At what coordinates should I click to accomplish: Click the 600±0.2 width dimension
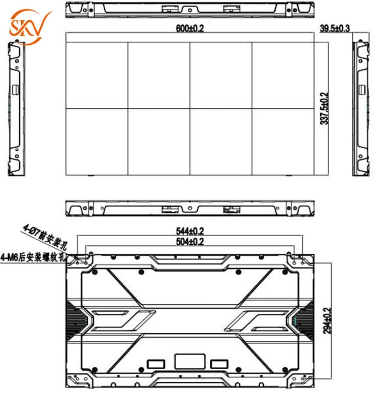[190, 28]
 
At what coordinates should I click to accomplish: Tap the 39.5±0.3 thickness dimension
[335, 28]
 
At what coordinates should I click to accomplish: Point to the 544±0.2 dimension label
[190, 231]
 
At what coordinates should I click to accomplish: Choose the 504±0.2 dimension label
[190, 241]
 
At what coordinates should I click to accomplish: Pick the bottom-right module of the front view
[282, 142]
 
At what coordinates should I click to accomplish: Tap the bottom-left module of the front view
[97, 142]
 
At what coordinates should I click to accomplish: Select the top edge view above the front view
[190, 9]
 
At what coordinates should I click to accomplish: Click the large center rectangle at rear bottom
[189, 361]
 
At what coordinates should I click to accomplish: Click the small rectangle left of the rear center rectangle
[155, 363]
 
